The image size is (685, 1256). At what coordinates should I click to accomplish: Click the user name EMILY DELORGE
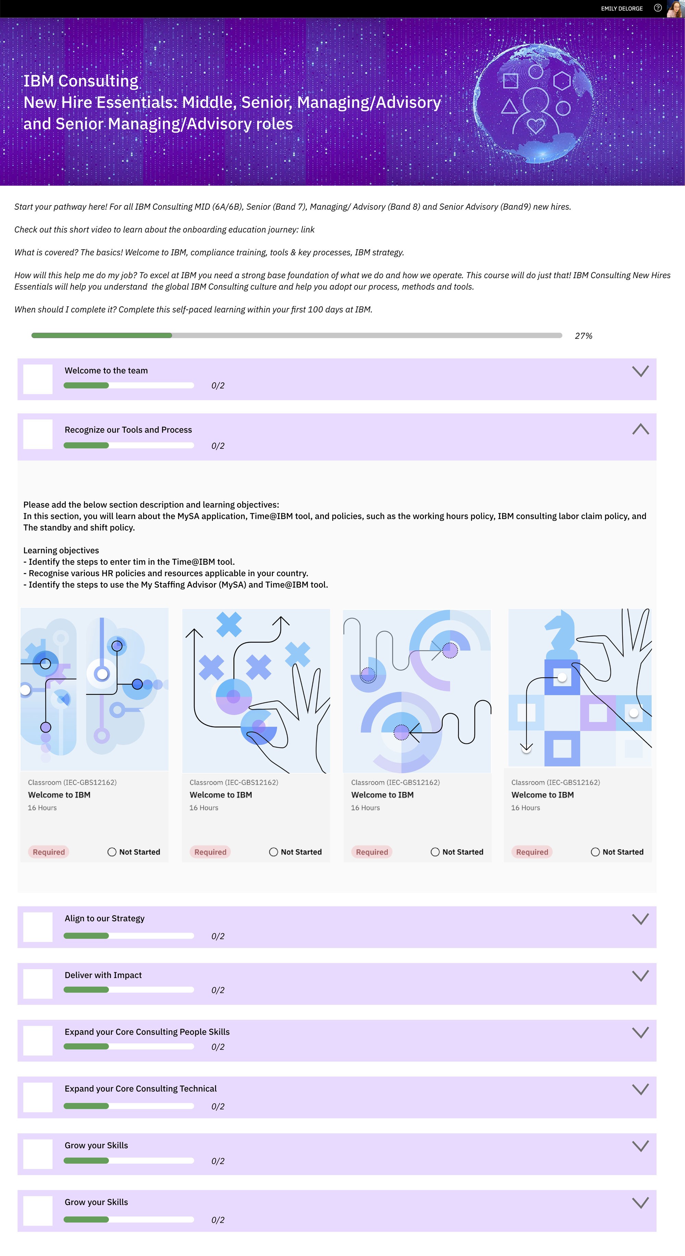point(622,8)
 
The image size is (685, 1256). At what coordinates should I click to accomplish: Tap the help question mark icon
point(658,8)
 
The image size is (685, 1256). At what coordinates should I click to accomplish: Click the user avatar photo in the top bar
point(675,9)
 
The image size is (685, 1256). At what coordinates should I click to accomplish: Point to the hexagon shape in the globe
point(562,81)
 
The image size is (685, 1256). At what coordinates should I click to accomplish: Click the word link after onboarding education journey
point(308,230)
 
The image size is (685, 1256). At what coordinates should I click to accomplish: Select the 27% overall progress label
point(584,336)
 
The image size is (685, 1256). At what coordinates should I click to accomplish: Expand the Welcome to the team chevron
point(640,371)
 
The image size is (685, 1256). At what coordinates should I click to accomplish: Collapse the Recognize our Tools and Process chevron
point(640,429)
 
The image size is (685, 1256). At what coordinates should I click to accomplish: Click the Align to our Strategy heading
point(104,919)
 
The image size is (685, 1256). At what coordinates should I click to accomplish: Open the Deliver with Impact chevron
point(640,976)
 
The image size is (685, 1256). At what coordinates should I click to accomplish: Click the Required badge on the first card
point(49,852)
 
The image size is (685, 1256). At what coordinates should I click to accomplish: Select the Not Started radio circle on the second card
point(274,852)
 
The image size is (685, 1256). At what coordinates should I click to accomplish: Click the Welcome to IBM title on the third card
point(382,795)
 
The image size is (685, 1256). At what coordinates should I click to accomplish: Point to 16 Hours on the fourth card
point(526,808)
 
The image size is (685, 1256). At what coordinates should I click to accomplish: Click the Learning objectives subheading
point(61,551)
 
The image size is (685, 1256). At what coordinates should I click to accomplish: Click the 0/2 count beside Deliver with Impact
point(218,990)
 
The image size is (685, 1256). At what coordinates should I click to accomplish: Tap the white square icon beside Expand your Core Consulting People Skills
point(38,1040)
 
